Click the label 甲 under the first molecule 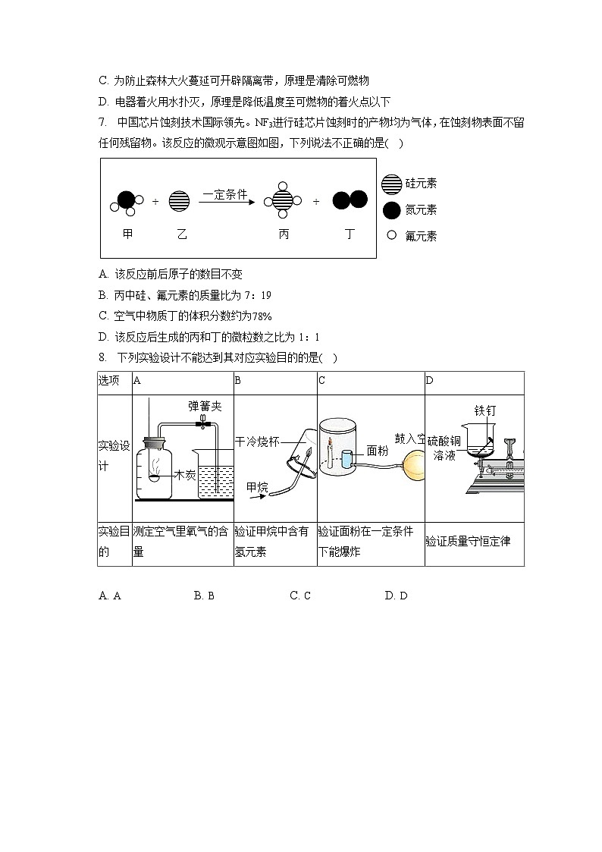click(x=127, y=234)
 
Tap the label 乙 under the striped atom click(x=181, y=234)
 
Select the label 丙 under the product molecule click(x=284, y=234)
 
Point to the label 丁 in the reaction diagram click(x=350, y=234)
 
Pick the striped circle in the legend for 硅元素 click(x=391, y=184)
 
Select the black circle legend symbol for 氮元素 click(x=391, y=210)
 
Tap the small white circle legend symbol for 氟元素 click(x=391, y=235)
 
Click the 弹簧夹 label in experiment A click(x=205, y=407)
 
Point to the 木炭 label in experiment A click(x=186, y=476)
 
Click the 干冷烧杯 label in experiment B click(x=257, y=441)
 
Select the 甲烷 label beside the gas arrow click(x=258, y=487)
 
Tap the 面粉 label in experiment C click(x=378, y=451)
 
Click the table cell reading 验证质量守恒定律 click(x=468, y=542)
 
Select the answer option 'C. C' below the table click(x=300, y=596)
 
